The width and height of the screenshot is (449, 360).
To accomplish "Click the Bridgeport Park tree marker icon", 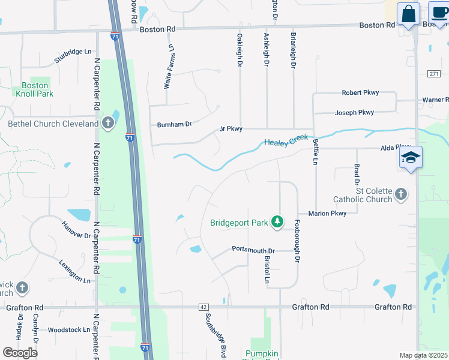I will (x=277, y=222).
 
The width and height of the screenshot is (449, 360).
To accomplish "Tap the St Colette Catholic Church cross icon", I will (x=401, y=194).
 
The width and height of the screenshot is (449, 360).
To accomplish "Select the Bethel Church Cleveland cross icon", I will (x=107, y=124).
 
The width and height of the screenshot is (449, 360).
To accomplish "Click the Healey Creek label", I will (x=286, y=141).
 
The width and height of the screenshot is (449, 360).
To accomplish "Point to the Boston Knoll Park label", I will (x=34, y=89).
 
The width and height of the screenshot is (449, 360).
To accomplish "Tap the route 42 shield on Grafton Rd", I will (x=203, y=307).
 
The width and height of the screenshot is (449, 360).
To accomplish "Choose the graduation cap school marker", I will (x=410, y=157).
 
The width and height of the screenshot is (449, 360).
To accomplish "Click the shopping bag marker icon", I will (x=408, y=14).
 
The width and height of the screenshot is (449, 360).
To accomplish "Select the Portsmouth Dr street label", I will (x=253, y=250).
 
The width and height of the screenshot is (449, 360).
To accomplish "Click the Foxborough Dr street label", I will (x=297, y=240).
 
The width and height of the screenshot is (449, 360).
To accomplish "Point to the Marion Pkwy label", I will (x=327, y=213).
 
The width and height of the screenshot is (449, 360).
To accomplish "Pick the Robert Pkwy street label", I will (x=360, y=92).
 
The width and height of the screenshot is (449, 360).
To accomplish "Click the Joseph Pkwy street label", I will (x=354, y=112).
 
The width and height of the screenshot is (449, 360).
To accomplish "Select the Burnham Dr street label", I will (x=174, y=124).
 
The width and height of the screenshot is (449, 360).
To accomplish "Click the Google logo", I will (x=20, y=352).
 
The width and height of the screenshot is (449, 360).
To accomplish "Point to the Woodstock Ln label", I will (x=69, y=329).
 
